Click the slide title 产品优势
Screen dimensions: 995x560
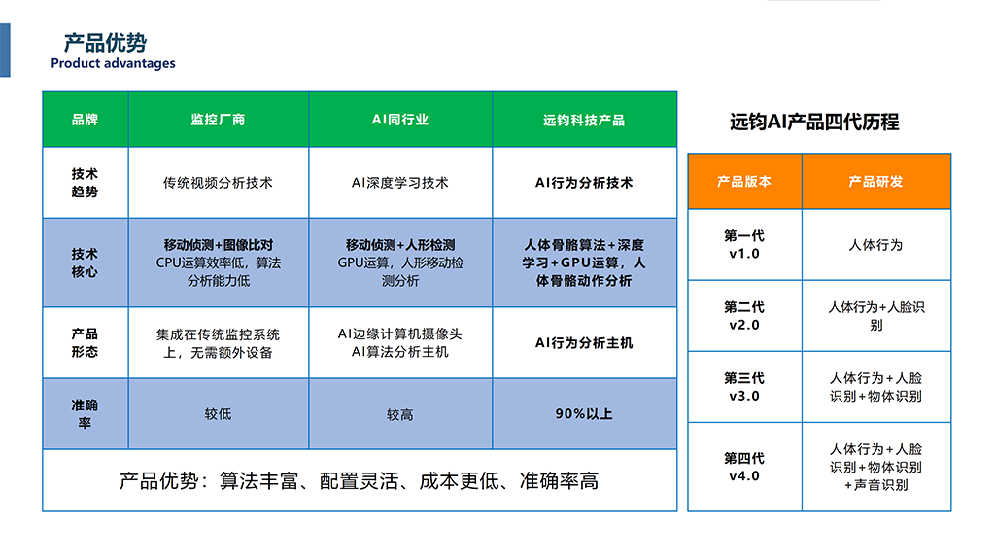pyautogui.click(x=105, y=43)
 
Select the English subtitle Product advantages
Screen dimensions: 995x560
pyautogui.click(x=113, y=63)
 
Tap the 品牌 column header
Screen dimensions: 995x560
pyautogui.click(x=86, y=120)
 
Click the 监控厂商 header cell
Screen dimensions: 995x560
pyautogui.click(x=219, y=120)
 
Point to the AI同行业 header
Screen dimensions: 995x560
pyautogui.click(x=400, y=120)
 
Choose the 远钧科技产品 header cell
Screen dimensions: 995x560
pyautogui.click(x=584, y=120)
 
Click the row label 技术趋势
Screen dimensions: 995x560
pyautogui.click(x=86, y=183)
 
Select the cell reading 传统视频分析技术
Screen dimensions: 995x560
pyautogui.click(x=219, y=183)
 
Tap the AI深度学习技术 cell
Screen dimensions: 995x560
pyautogui.click(x=400, y=183)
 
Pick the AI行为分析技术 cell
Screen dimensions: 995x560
pyautogui.click(x=584, y=183)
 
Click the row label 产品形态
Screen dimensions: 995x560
pyautogui.click(x=86, y=343)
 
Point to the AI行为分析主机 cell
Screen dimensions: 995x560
pyautogui.click(x=584, y=343)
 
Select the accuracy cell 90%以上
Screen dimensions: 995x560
pyautogui.click(x=584, y=414)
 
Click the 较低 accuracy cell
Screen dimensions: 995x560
pyautogui.click(x=219, y=414)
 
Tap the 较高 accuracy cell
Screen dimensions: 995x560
pyautogui.click(x=400, y=414)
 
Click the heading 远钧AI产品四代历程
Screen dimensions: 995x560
pyautogui.click(x=814, y=122)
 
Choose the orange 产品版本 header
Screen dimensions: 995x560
pyautogui.click(x=744, y=182)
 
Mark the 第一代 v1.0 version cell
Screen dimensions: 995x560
pyautogui.click(x=744, y=244)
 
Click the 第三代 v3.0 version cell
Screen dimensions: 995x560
pyautogui.click(x=744, y=387)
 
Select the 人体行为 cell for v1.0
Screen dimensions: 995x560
pyautogui.click(x=876, y=244)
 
